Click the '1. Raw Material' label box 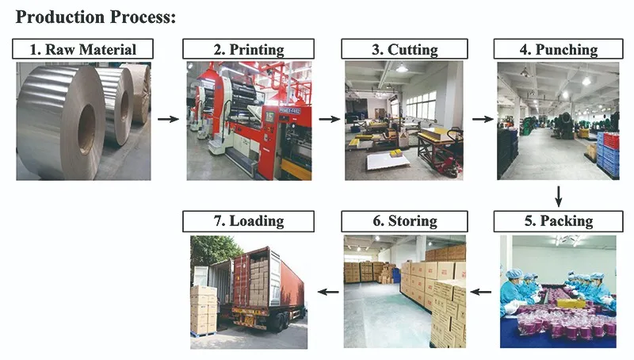click(x=82, y=49)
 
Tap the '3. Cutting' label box click(x=404, y=49)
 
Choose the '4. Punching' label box click(x=558, y=49)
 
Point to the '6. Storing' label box click(x=404, y=221)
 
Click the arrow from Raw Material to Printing click(x=167, y=120)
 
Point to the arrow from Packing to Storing click(x=481, y=292)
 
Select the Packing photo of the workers click(x=558, y=291)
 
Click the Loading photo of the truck click(x=248, y=291)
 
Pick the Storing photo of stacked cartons click(x=404, y=291)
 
